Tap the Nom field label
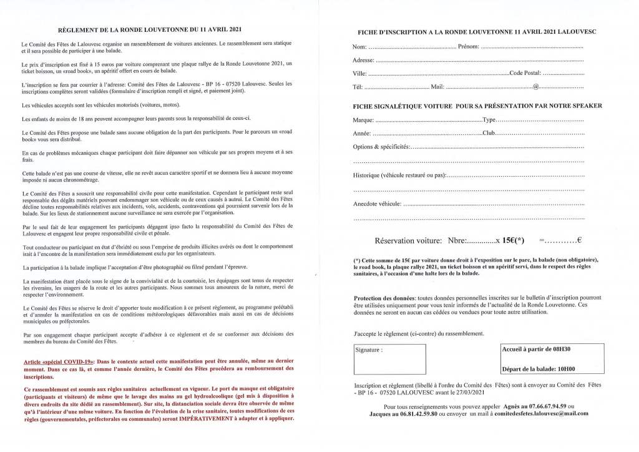click(x=359, y=47)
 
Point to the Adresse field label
click(x=364, y=61)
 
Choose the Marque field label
click(x=363, y=120)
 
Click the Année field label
click(x=362, y=134)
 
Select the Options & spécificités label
click(x=381, y=147)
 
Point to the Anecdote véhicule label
click(x=377, y=204)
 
